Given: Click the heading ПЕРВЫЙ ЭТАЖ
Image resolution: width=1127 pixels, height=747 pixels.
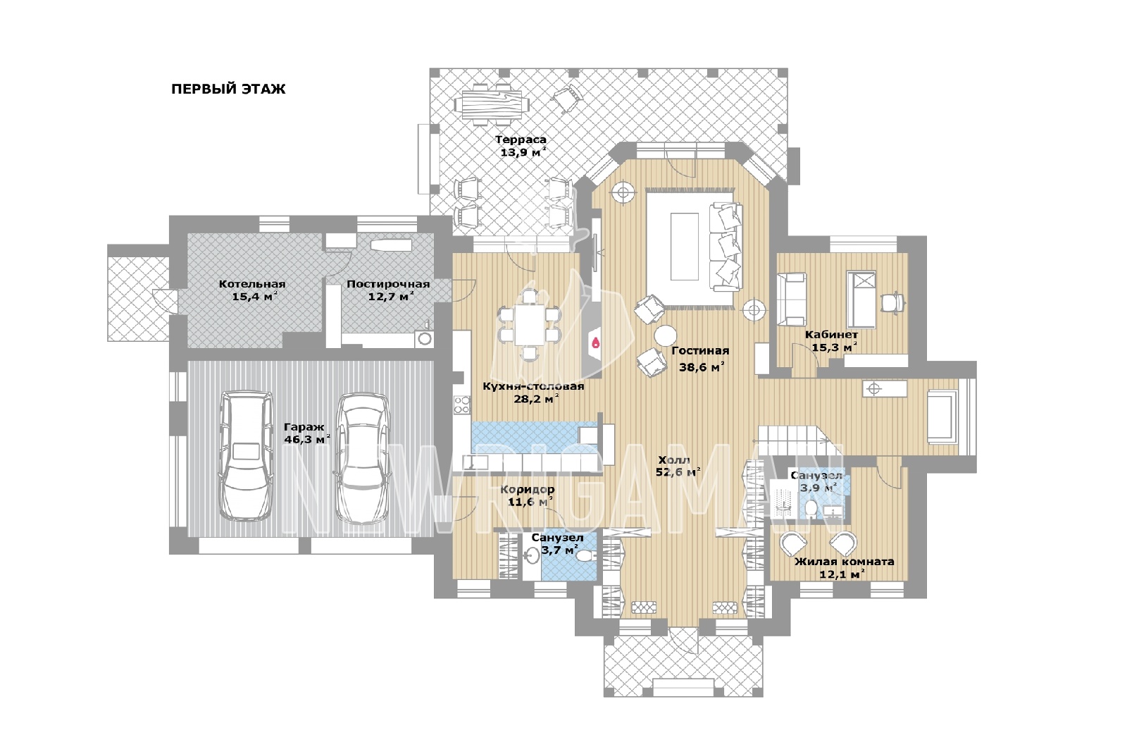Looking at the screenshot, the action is coord(228,89).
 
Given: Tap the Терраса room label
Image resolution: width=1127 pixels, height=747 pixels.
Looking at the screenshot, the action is coord(521,140).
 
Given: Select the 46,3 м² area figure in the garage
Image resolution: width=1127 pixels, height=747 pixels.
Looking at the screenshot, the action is coord(307,440).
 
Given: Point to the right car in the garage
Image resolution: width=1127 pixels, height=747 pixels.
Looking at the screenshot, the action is coord(362,458).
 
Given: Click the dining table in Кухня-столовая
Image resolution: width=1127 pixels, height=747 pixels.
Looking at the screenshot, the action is coord(530,325).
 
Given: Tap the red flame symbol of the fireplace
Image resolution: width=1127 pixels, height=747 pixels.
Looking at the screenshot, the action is coord(596,342).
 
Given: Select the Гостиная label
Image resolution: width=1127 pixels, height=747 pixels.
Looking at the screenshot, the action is coord(700,351).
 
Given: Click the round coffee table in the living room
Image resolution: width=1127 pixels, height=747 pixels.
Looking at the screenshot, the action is coord(665,335).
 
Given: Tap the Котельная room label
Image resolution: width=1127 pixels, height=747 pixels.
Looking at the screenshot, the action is coord(251,284).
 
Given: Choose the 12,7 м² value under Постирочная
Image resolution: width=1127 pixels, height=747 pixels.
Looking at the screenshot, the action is coord(390,296).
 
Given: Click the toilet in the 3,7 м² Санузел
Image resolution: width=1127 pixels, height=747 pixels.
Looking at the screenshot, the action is coord(585,556).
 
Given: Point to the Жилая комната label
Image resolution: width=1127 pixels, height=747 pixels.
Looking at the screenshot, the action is coord(845,562).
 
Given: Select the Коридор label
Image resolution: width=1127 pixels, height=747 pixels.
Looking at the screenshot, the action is coord(528,489).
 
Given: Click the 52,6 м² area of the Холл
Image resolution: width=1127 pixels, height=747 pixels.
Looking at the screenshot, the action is coord(679,472).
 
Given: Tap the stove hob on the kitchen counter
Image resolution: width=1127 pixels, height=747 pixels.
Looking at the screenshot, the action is coord(462,405).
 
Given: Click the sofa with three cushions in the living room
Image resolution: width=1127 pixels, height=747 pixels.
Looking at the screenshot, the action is coord(726,247).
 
